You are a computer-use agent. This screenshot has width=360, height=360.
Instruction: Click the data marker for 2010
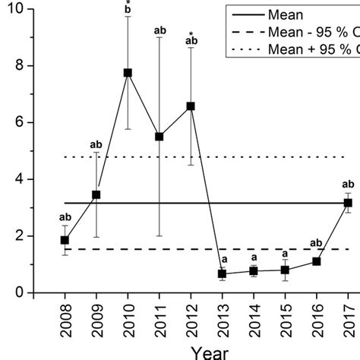(x=128, y=73)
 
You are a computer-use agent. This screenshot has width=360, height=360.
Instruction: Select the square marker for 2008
(x=65, y=241)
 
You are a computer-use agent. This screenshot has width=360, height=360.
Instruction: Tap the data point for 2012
(x=191, y=106)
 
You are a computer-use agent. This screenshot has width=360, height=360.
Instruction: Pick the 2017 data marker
(x=348, y=203)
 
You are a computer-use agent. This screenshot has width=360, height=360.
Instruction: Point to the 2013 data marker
(x=222, y=273)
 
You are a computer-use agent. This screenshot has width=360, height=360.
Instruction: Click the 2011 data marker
(x=159, y=137)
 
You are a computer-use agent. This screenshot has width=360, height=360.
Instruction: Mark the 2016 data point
(x=317, y=261)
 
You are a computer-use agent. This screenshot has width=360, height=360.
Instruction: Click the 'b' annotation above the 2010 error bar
(x=128, y=11)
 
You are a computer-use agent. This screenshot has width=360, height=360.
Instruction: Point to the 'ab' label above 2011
(x=159, y=30)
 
